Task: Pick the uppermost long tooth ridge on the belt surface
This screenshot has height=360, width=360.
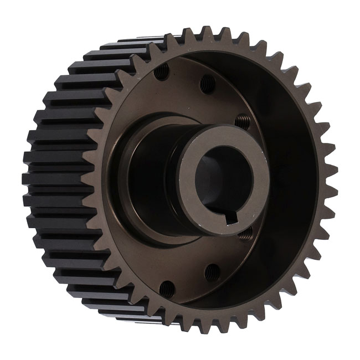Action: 138,42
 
